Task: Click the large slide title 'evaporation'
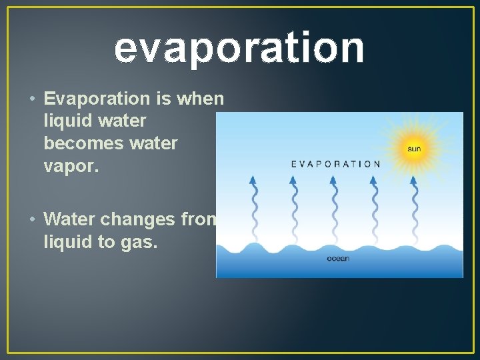239,48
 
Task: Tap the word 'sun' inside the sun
414,149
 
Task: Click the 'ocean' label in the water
337,259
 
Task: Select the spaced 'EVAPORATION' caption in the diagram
335,164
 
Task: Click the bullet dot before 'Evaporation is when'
32,99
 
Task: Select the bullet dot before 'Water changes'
32,219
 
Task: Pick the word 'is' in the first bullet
164,99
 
